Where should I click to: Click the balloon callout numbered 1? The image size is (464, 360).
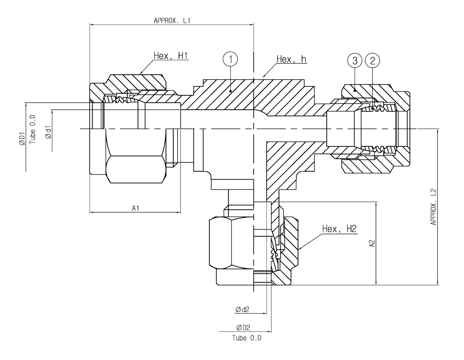[231, 60]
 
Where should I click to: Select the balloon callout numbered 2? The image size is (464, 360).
[372, 60]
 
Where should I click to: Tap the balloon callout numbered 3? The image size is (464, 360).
[355, 60]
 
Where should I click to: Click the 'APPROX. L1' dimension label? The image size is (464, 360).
[172, 20]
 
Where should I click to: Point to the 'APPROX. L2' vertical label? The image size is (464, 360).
[433, 207]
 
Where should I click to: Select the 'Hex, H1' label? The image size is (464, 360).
[171, 56]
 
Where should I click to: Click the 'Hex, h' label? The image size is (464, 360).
[291, 59]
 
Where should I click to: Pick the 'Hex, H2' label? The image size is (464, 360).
[339, 229]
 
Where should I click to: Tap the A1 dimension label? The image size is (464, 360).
[135, 208]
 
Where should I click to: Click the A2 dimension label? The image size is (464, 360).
[372, 243]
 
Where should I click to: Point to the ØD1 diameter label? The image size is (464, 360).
[22, 138]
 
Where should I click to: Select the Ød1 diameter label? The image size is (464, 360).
[49, 132]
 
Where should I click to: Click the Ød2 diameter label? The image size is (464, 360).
[242, 310]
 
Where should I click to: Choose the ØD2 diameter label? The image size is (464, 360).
[243, 328]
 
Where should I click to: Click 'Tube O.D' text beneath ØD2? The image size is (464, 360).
[247, 338]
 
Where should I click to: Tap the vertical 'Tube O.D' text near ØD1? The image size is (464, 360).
[32, 129]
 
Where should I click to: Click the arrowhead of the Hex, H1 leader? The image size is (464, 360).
[140, 74]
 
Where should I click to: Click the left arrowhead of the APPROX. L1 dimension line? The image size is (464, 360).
[91, 24]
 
